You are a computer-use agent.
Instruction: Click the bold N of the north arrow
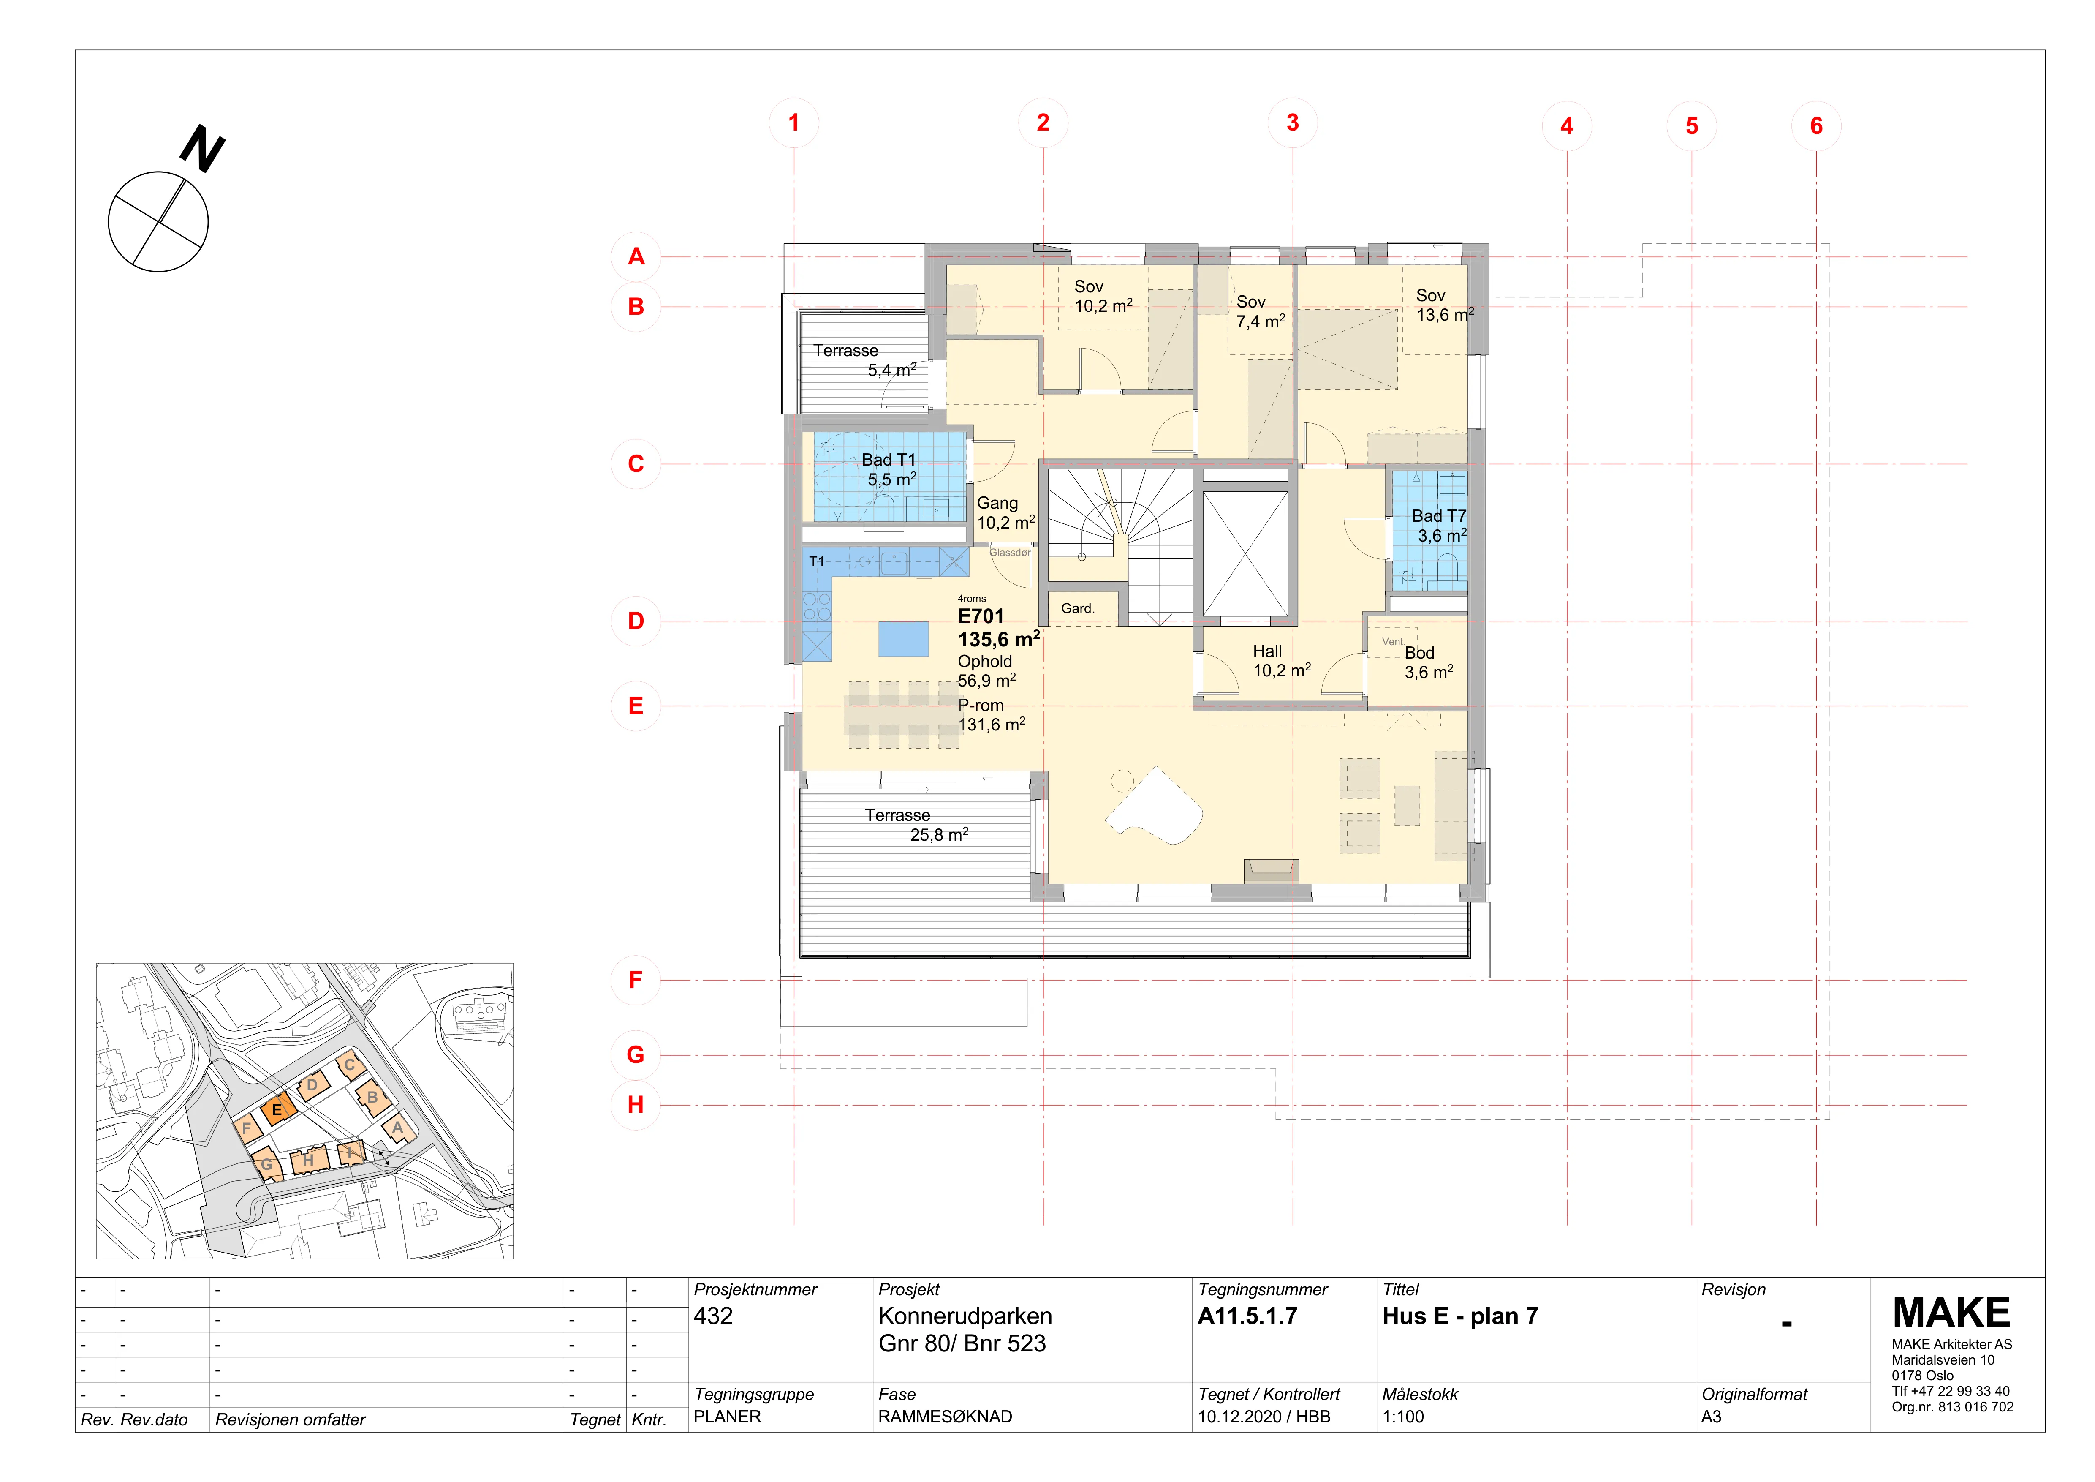(203, 149)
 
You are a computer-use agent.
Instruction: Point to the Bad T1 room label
(889, 460)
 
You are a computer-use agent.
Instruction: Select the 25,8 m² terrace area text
(939, 834)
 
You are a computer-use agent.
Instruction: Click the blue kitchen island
(903, 639)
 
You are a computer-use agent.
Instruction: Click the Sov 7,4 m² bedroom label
(1260, 311)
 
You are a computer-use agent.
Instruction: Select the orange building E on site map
(277, 1110)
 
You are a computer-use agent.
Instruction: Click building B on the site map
(372, 1098)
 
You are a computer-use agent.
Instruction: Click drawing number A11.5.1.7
(1247, 1316)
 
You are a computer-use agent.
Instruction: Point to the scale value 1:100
(1402, 1416)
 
